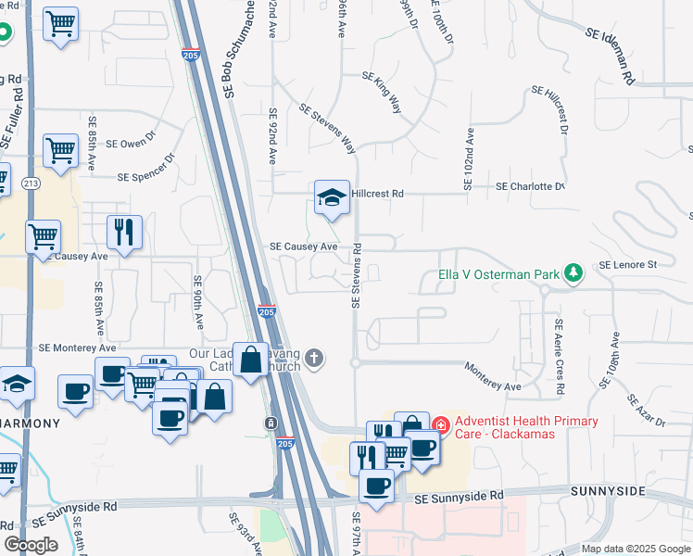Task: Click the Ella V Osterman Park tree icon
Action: (575, 272)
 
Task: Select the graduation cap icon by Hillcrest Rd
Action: (332, 198)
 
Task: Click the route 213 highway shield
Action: (31, 183)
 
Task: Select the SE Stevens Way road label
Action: (327, 128)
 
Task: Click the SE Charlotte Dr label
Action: (530, 186)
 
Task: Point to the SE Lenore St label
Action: (627, 265)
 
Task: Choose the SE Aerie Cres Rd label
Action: (558, 357)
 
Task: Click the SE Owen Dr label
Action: (128, 144)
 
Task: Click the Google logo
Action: (31, 545)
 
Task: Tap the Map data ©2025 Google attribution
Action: (635, 549)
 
